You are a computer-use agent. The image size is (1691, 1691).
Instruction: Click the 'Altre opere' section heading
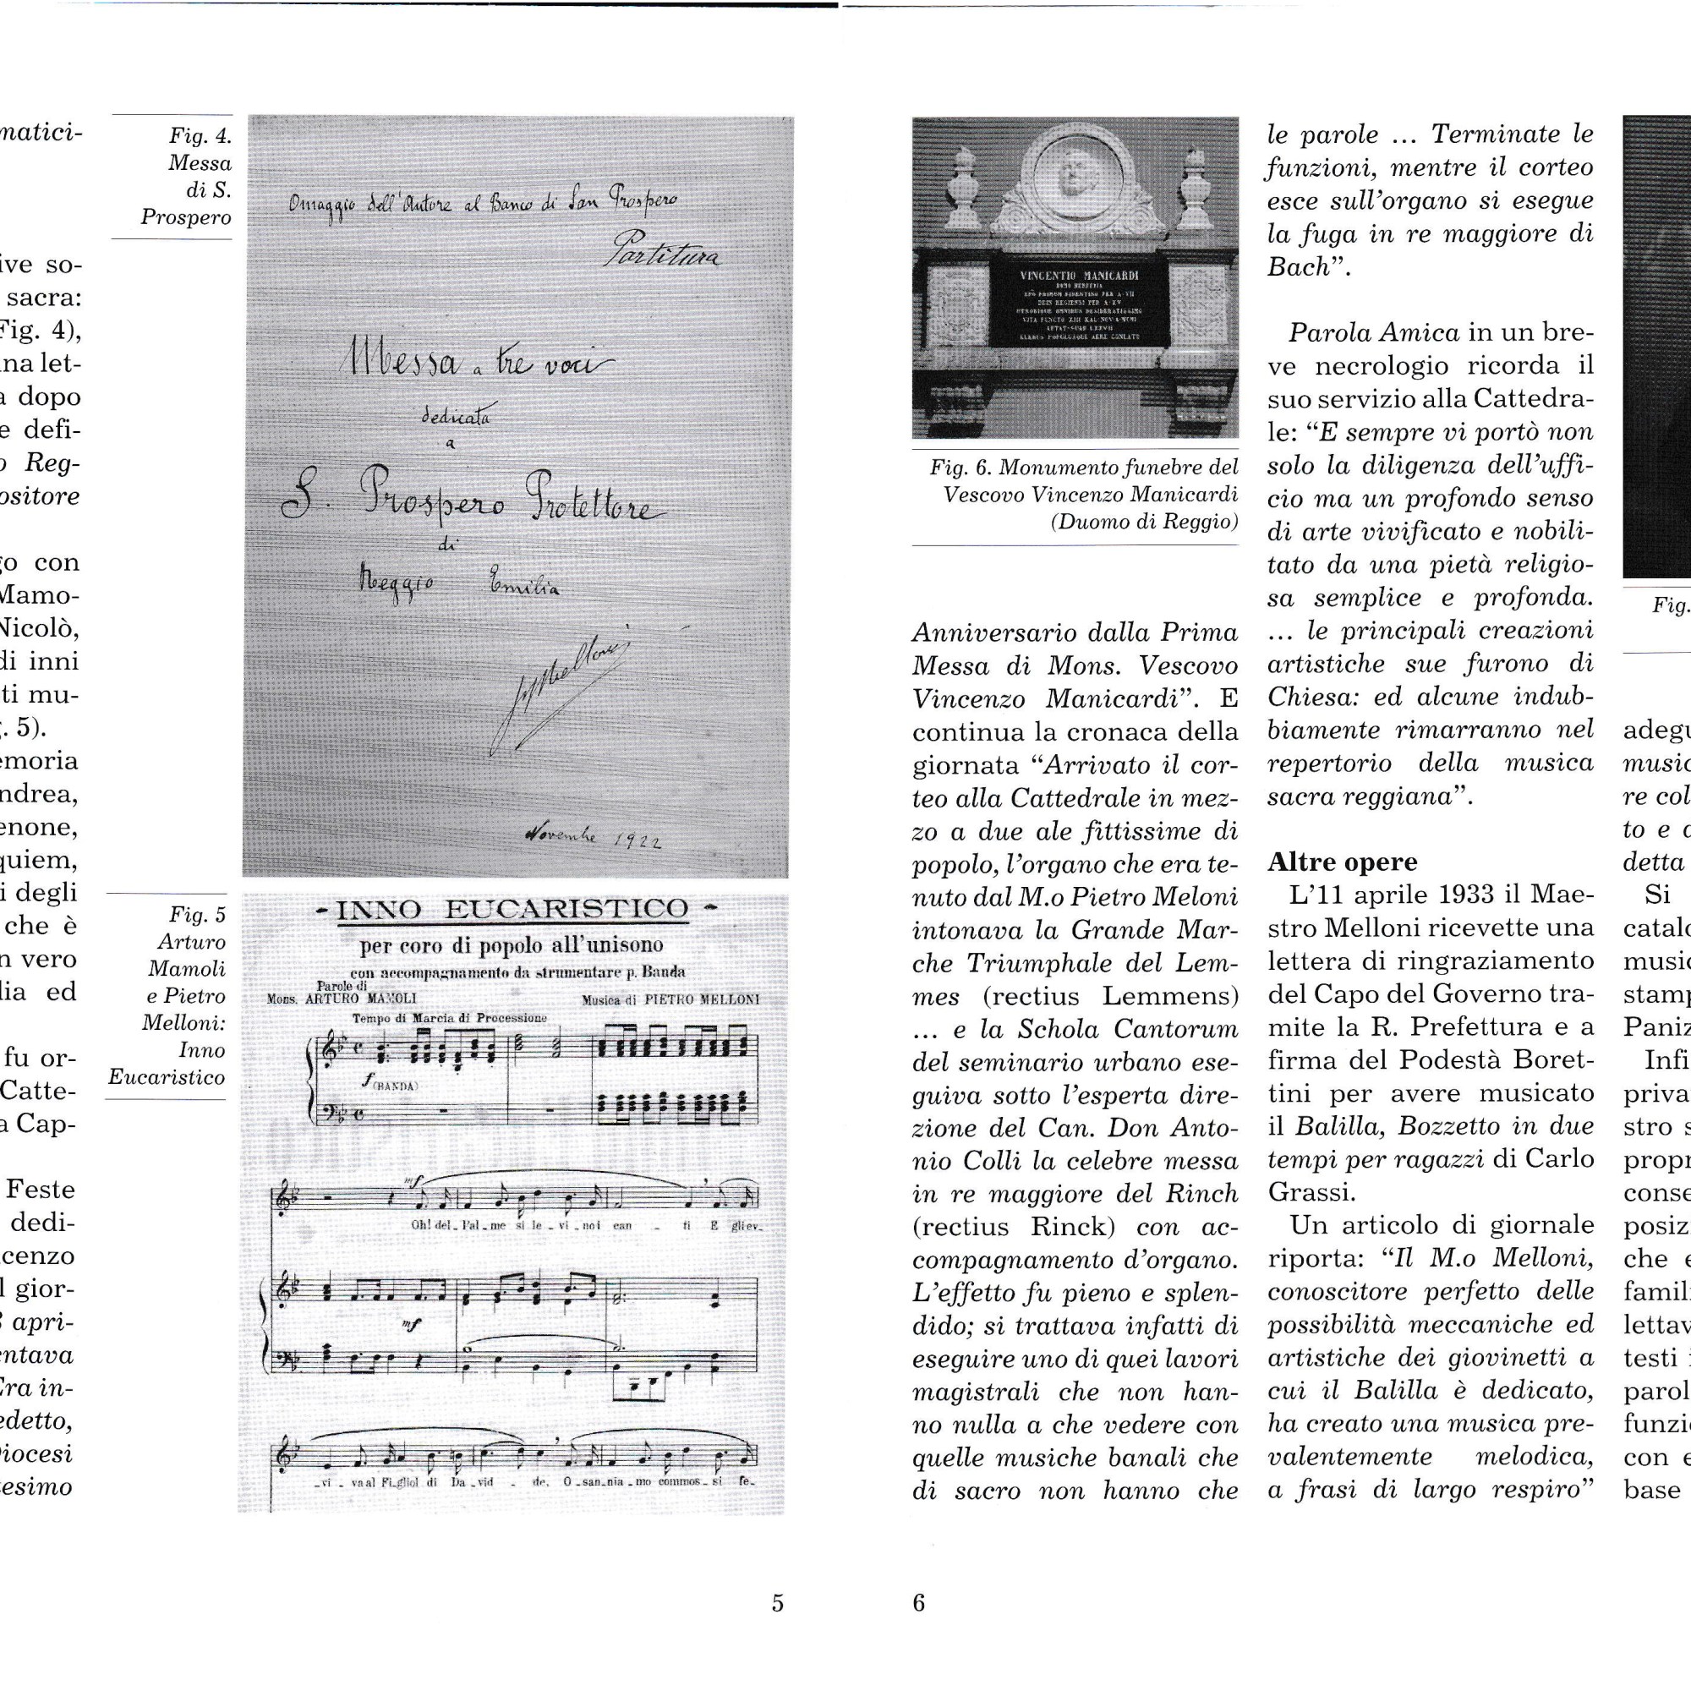click(1342, 862)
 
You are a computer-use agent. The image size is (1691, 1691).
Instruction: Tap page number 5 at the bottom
click(777, 1603)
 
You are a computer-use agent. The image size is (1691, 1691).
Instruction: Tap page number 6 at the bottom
click(918, 1603)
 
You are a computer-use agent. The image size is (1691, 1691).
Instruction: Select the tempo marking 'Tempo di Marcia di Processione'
click(449, 1018)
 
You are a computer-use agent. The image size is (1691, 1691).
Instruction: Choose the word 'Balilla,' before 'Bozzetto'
click(1333, 1127)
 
